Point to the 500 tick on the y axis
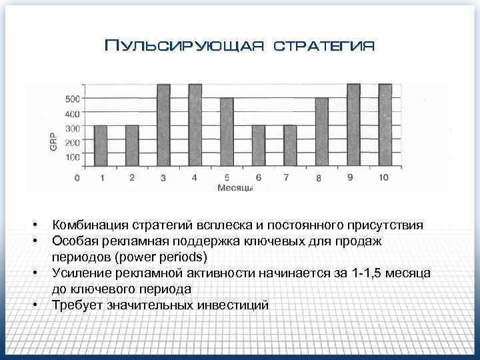[x=72, y=99]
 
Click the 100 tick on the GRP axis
[x=72, y=157]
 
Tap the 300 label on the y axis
[x=72, y=128]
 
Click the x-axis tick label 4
[x=194, y=178]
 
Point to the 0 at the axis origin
[x=77, y=178]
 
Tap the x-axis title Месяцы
[x=235, y=188]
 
